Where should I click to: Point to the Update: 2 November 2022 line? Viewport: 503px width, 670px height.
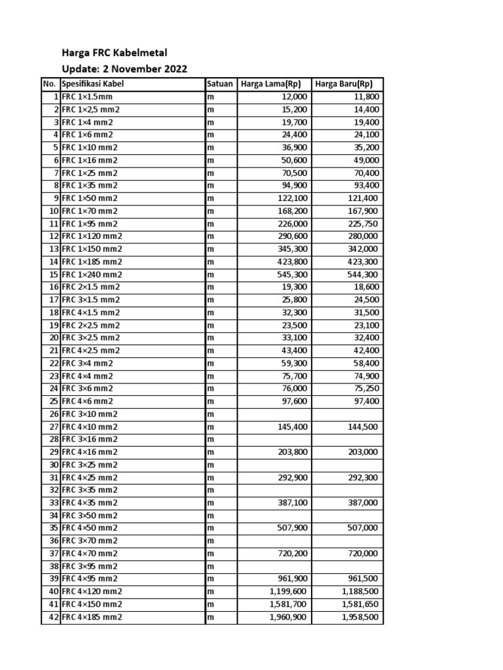[124, 69]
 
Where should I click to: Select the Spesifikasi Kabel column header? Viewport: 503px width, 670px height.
[92, 84]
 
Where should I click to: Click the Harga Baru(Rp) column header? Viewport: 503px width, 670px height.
[344, 84]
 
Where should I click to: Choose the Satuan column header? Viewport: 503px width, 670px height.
[220, 84]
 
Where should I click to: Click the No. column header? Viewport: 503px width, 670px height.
[50, 84]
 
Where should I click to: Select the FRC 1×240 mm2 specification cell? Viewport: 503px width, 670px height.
[92, 274]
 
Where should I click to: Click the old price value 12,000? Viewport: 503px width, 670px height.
[291, 97]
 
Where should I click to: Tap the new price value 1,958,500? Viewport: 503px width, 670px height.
[360, 617]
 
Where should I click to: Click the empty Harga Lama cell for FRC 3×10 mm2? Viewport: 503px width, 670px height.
[274, 414]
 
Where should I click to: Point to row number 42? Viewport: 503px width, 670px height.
[51, 617]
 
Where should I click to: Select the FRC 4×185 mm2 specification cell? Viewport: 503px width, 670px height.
[92, 617]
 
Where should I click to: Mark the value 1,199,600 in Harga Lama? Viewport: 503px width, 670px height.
[288, 591]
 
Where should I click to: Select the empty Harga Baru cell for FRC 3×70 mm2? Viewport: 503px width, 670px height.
[347, 541]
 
